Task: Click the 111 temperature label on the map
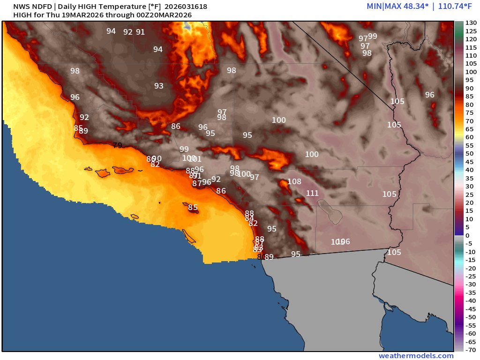pos(312,193)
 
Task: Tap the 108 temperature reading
pos(294,182)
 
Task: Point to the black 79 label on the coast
pos(117,145)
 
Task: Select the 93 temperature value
pos(159,86)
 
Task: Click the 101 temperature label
pos(196,159)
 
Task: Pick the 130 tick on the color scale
pos(470,23)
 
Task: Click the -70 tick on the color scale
pos(470,349)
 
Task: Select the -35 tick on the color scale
pos(470,292)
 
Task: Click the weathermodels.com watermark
pos(416,356)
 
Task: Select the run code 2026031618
pos(186,7)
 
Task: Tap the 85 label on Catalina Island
pos(193,207)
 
